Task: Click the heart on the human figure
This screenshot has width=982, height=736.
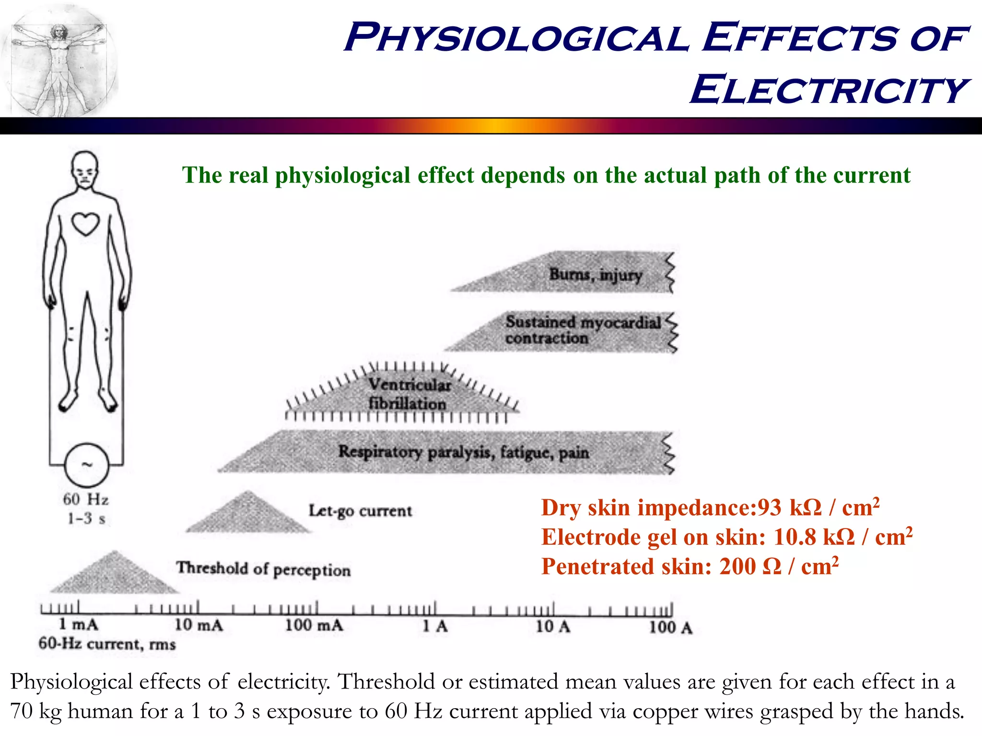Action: pyautogui.click(x=85, y=224)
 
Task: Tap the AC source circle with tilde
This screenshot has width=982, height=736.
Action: pyautogui.click(x=86, y=465)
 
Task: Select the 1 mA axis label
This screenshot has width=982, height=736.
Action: pyautogui.click(x=78, y=624)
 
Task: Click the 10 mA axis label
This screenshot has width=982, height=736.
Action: pyautogui.click(x=199, y=625)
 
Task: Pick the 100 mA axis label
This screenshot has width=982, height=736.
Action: pyautogui.click(x=314, y=625)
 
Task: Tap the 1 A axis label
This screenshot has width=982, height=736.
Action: pyautogui.click(x=434, y=626)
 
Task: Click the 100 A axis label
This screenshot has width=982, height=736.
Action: pyautogui.click(x=670, y=627)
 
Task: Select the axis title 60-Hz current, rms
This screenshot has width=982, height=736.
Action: pyautogui.click(x=107, y=644)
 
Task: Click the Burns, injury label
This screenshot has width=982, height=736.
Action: pyautogui.click(x=595, y=275)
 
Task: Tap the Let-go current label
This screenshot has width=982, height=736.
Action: pyautogui.click(x=360, y=511)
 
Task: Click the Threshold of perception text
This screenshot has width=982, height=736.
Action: pyautogui.click(x=263, y=569)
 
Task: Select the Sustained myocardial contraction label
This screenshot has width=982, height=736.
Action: pyautogui.click(x=582, y=330)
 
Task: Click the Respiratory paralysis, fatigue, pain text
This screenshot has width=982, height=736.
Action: pyautogui.click(x=463, y=452)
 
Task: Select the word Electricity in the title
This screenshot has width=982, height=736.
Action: pyautogui.click(x=829, y=90)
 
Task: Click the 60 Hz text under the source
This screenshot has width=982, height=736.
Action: pyautogui.click(x=86, y=500)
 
